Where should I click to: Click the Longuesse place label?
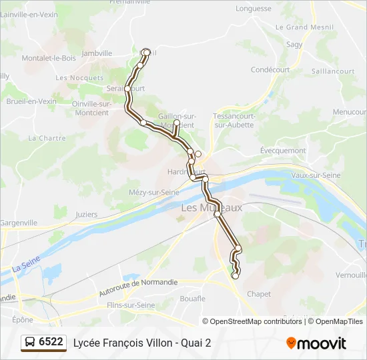pos(254,9)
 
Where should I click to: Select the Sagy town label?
pos(294,44)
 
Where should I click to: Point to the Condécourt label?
pos(270,69)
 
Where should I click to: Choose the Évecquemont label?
pos(282,151)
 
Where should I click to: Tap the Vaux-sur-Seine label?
pos(316,175)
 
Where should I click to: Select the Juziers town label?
pos(87,215)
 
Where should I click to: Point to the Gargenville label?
pos(19,222)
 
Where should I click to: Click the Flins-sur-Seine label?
pos(131,305)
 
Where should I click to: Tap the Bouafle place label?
pos(193,299)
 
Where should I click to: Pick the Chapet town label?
pos(259,294)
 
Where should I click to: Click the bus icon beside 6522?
pos(30,343)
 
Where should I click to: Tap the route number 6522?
pos(51,343)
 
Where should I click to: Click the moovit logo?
pos(316,343)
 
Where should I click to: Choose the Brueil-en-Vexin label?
pos(31,101)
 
